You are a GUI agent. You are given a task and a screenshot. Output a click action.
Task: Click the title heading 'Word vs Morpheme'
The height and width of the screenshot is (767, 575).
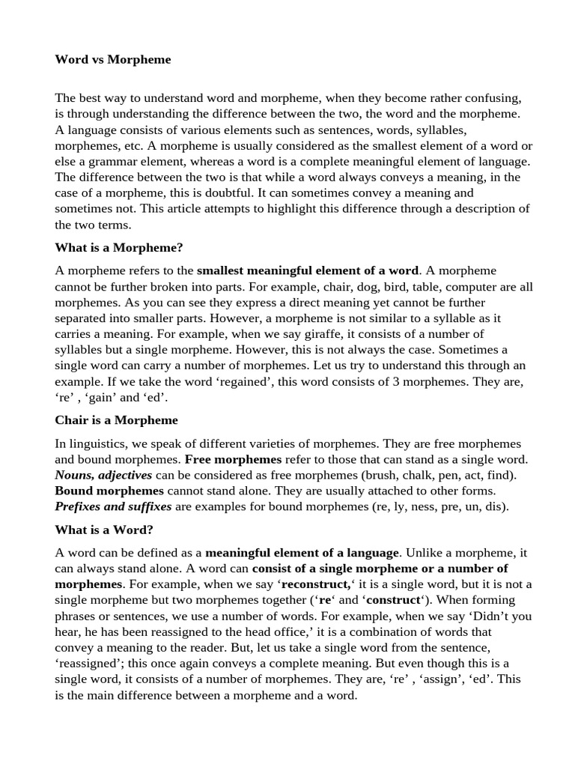[113, 59]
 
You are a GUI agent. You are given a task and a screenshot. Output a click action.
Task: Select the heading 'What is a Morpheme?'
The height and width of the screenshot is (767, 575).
[118, 247]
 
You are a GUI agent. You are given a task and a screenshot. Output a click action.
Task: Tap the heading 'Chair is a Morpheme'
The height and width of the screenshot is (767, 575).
[116, 420]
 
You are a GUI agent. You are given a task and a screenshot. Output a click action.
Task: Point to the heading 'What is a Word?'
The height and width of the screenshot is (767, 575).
[104, 530]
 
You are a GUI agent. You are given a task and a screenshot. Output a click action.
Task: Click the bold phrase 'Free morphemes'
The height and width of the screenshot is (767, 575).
[233, 459]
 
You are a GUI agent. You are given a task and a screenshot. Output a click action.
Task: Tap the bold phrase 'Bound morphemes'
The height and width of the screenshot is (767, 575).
[109, 491]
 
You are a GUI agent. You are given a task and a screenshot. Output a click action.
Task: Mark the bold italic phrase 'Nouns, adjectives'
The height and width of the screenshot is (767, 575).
[103, 475]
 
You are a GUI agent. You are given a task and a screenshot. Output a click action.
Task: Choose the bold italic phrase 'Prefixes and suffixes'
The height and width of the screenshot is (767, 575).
[113, 506]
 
